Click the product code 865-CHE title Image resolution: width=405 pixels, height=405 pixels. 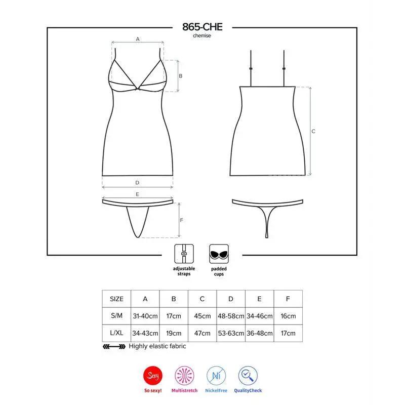[202, 27]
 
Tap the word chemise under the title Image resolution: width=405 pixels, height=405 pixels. [202, 36]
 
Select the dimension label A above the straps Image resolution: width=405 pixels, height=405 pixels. [137, 38]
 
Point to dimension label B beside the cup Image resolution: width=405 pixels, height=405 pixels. [180, 76]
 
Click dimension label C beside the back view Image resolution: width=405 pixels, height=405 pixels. [313, 131]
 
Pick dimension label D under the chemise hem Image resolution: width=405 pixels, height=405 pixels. [137, 183]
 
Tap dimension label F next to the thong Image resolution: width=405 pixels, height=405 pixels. [181, 220]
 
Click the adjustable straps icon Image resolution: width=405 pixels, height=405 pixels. [183, 253]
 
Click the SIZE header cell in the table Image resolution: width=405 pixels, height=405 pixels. [116, 299]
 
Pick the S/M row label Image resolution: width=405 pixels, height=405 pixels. [116, 316]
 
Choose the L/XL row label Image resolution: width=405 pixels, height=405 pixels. [116, 334]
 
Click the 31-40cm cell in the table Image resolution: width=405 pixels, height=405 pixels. [145, 316]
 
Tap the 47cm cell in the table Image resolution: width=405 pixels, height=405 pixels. [202, 334]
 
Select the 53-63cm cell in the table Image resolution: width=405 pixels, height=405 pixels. [231, 334]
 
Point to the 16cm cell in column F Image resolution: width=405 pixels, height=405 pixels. [288, 316]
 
